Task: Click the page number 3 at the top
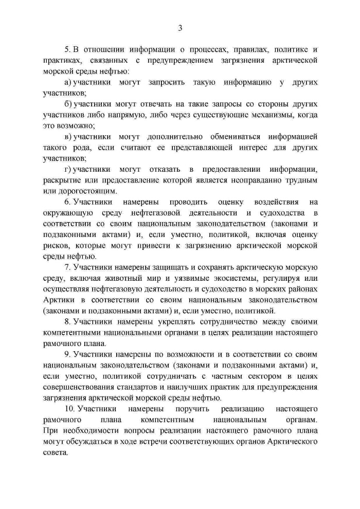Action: click(x=180, y=28)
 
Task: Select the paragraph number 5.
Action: click(x=67, y=49)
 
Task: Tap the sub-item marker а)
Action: click(x=67, y=82)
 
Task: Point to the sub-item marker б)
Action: click(x=67, y=104)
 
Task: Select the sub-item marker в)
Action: click(x=67, y=137)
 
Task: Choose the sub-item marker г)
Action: click(x=67, y=170)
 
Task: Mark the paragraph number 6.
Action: click(x=67, y=202)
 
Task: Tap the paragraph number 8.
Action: click(x=67, y=322)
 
